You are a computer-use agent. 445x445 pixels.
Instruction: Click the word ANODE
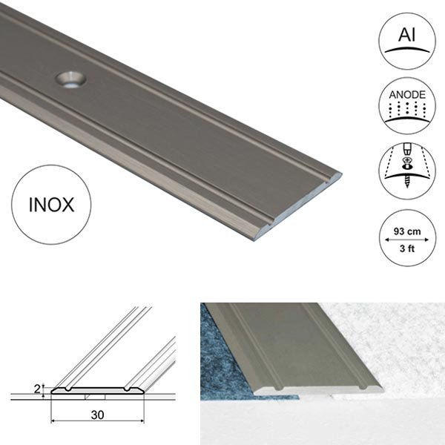coord(406,95)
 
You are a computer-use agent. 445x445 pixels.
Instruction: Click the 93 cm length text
coord(406,231)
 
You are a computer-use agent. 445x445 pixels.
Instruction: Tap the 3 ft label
coord(406,248)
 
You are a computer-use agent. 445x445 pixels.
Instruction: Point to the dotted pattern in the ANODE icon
coord(406,111)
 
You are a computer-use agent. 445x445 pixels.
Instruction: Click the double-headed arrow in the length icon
coord(406,240)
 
